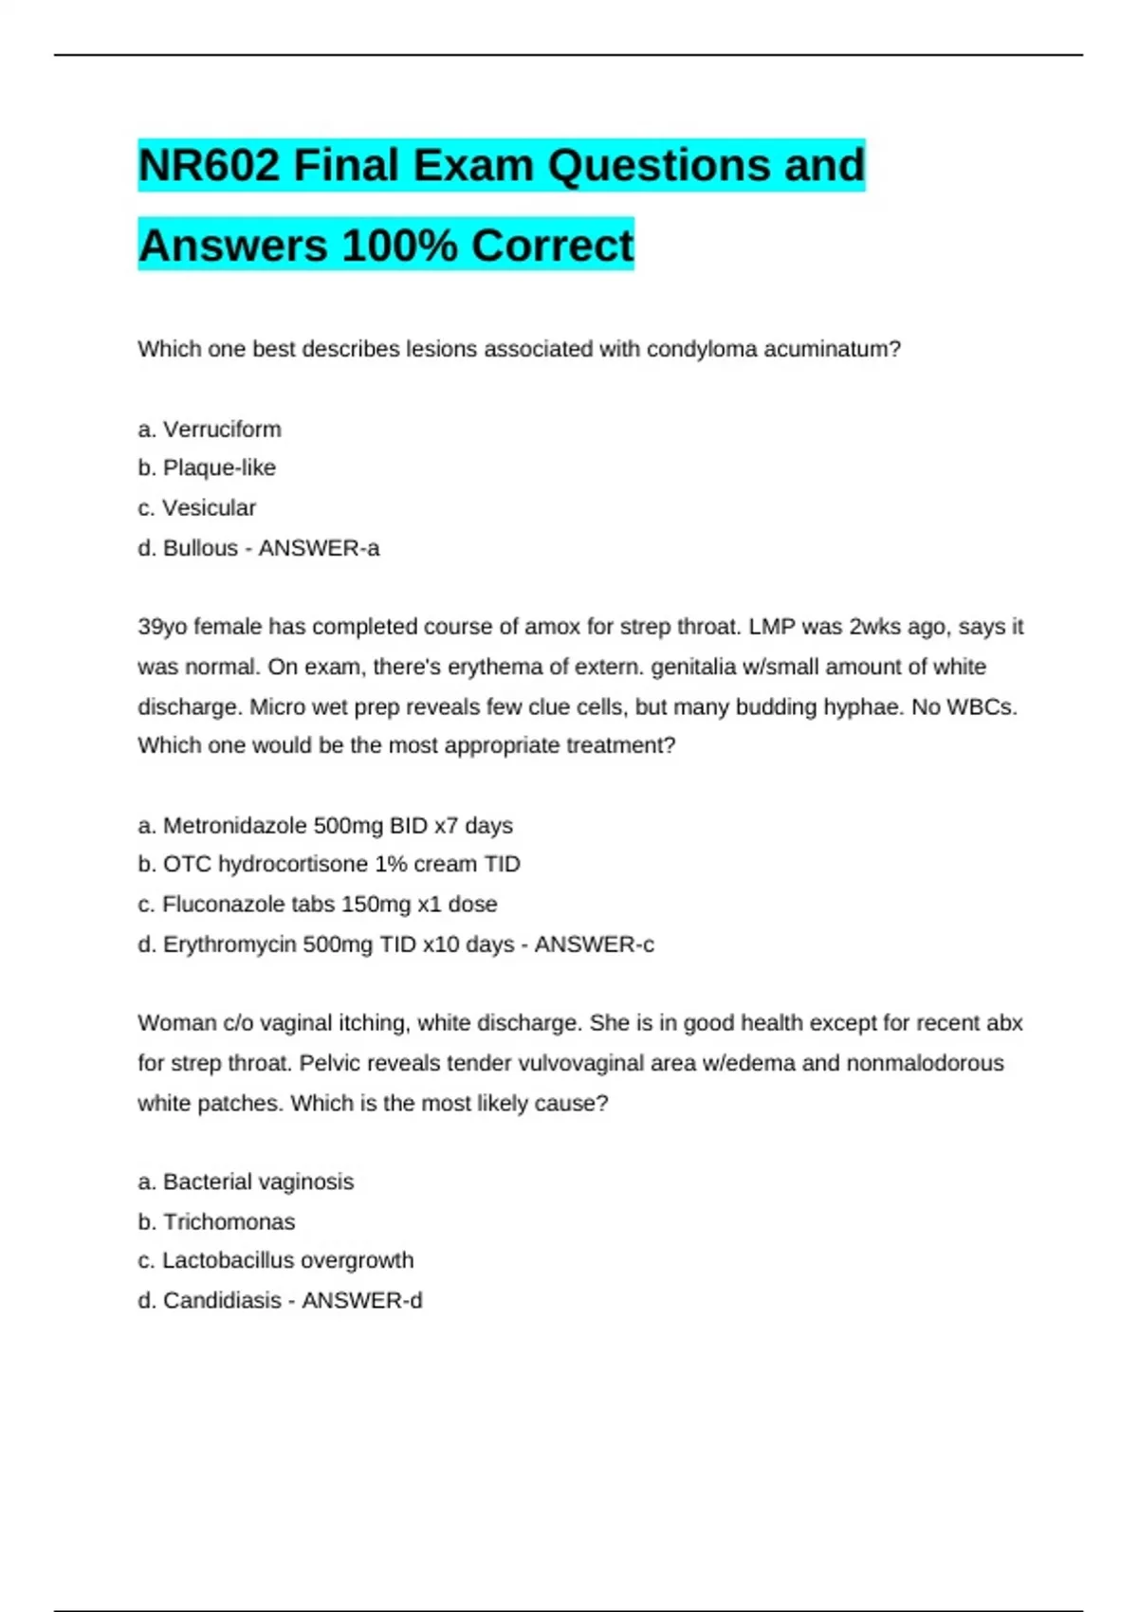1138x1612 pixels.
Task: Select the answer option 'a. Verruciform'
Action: tap(210, 430)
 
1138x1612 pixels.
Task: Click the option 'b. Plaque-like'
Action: tap(207, 468)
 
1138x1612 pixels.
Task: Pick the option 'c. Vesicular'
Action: tap(197, 508)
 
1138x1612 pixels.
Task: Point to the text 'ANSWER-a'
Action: tap(319, 548)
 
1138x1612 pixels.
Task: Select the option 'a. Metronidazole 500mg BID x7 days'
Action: tap(325, 826)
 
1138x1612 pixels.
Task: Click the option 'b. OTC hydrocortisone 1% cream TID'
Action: tap(329, 865)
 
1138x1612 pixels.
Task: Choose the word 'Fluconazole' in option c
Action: tap(219, 905)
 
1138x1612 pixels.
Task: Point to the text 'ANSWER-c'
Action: tap(594, 944)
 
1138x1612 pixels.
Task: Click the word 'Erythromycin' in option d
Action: tap(229, 944)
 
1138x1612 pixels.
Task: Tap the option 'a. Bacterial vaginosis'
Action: tap(246, 1182)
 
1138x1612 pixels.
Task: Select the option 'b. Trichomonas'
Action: tap(216, 1222)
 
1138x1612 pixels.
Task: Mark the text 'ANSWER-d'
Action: tap(361, 1301)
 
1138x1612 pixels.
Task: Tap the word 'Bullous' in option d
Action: tap(200, 548)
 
